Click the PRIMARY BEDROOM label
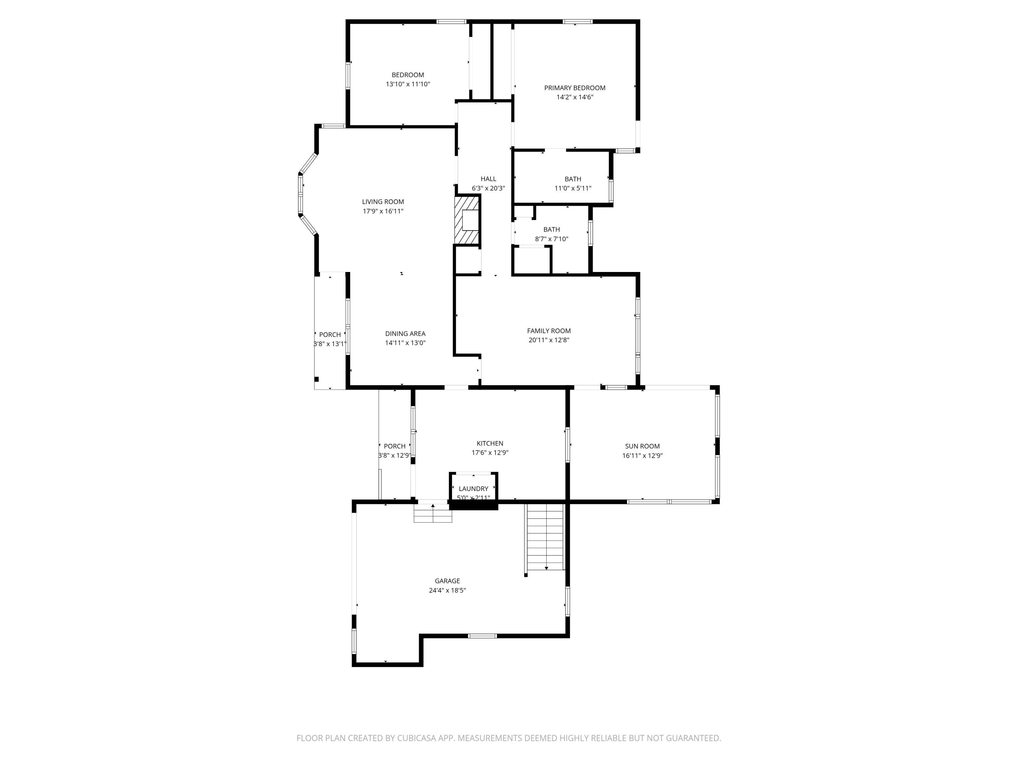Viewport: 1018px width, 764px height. click(574, 88)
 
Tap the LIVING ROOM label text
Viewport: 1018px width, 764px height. click(383, 202)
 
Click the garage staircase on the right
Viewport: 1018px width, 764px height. click(545, 537)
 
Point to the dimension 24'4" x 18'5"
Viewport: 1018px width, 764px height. click(447, 590)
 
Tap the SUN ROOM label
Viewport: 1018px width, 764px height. click(642, 446)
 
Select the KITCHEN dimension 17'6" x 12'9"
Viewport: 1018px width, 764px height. click(490, 453)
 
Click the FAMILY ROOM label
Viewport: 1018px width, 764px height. click(549, 331)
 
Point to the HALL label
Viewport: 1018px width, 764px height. click(488, 179)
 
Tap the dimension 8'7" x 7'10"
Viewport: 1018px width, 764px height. click(551, 239)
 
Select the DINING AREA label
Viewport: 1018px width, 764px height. click(405, 333)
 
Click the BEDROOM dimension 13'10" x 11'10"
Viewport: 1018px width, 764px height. click(408, 84)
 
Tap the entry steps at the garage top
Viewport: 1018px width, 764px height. click(433, 513)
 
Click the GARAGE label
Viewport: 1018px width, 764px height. click(447, 581)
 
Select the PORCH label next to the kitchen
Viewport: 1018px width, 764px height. click(394, 446)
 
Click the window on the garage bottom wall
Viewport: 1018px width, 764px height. click(482, 636)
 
